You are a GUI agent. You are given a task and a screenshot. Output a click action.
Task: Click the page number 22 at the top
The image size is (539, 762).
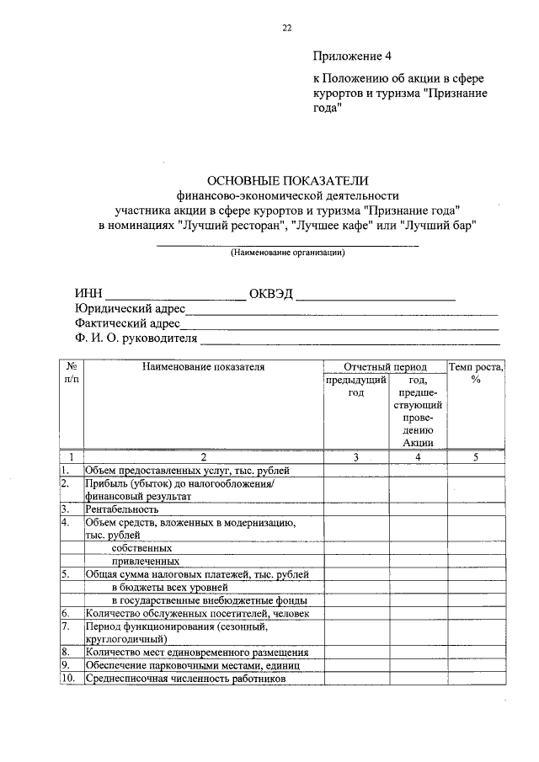tap(287, 28)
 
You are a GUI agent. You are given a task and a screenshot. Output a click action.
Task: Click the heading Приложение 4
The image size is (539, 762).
tap(352, 57)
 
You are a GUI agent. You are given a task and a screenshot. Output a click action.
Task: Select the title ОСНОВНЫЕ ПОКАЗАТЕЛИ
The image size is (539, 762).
tap(288, 180)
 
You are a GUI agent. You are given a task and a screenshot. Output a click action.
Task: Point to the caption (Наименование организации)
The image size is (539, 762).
tap(288, 252)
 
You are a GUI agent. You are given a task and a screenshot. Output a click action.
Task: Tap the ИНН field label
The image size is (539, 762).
tap(88, 294)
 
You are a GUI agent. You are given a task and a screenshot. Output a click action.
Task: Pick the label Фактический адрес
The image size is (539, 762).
tap(127, 323)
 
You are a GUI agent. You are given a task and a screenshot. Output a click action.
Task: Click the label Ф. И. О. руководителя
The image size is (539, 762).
tap(136, 338)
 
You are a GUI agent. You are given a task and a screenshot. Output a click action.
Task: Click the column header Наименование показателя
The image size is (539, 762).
tap(203, 367)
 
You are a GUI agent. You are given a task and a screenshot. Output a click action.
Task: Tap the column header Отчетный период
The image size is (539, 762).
tap(386, 367)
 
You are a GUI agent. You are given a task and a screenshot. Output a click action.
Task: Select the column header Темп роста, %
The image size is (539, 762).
tap(476, 373)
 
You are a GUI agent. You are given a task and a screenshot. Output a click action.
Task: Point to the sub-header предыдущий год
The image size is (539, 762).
tap(355, 387)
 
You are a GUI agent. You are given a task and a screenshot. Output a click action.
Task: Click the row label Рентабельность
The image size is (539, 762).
tap(121, 509)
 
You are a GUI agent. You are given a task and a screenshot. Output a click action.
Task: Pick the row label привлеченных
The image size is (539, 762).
tap(144, 560)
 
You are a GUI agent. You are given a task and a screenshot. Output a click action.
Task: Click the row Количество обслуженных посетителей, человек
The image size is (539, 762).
tap(197, 614)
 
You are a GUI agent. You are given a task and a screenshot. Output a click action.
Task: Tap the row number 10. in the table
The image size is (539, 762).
tap(68, 679)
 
